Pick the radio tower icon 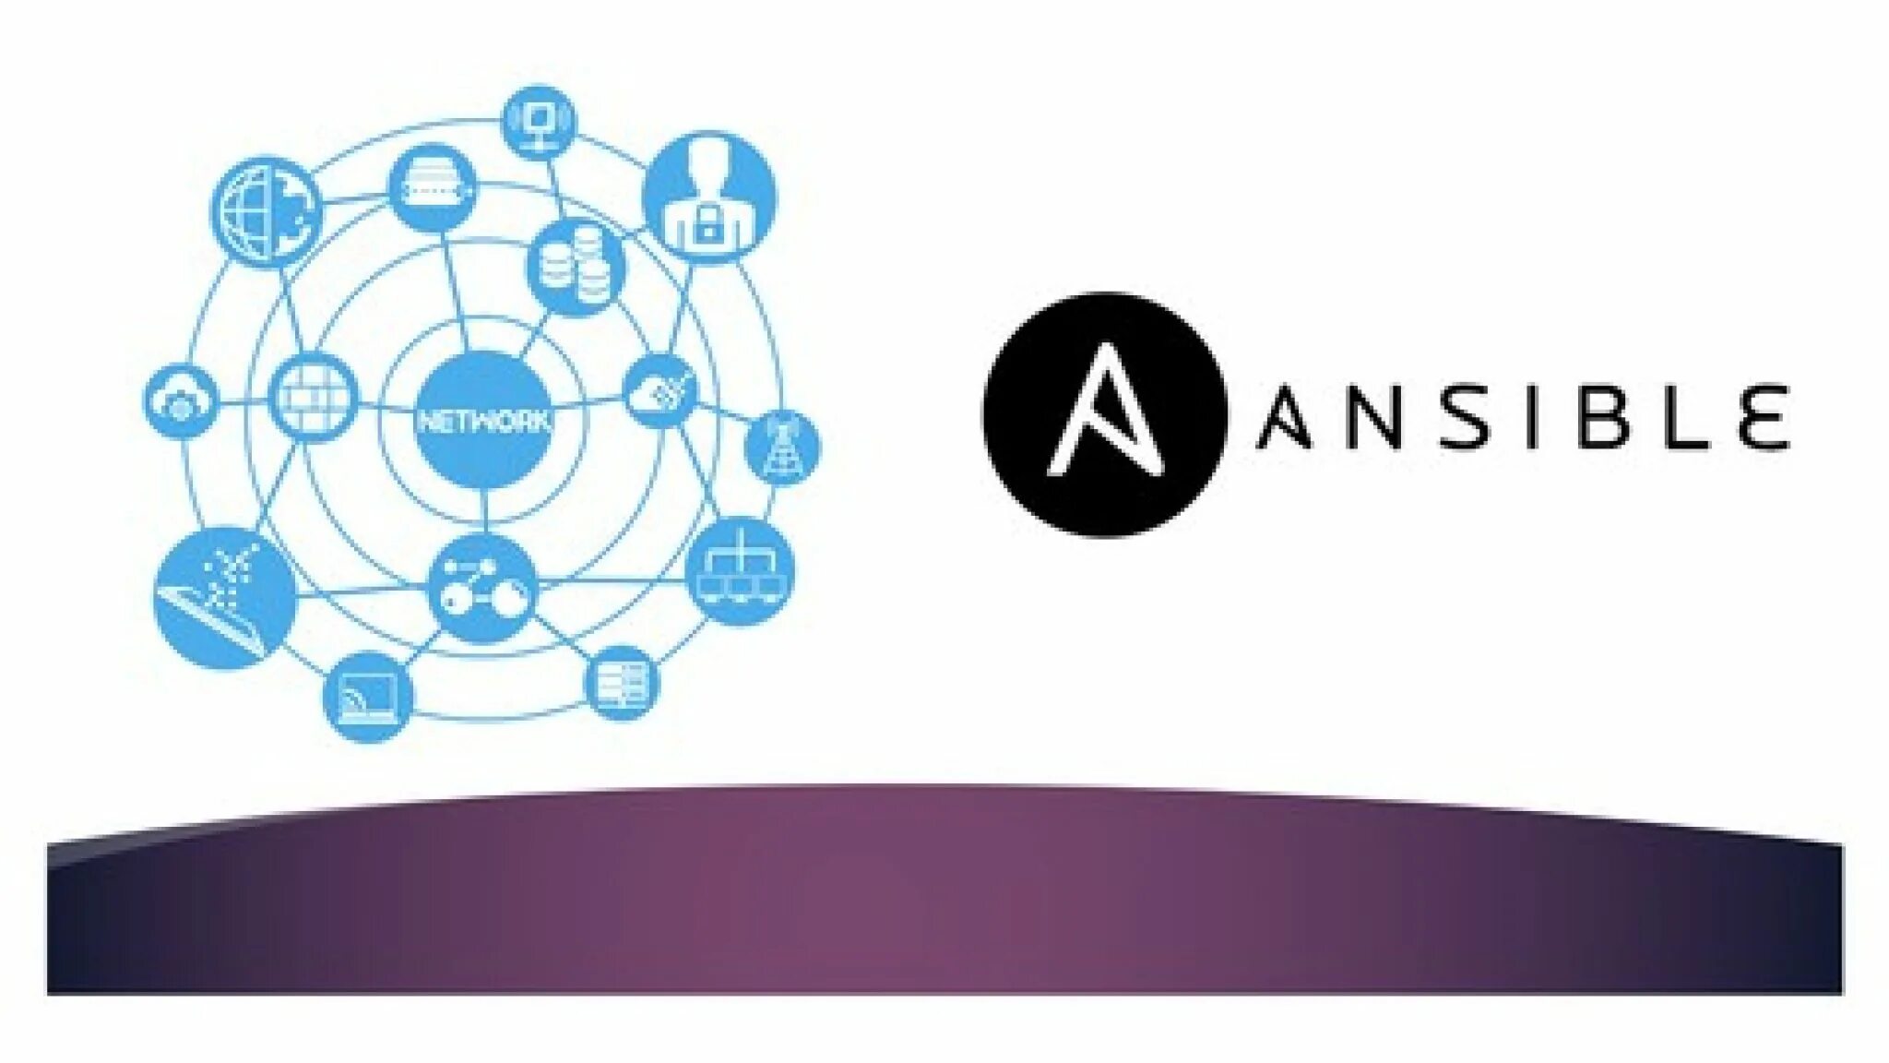tap(781, 448)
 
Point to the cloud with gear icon tap(181, 402)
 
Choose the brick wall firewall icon tap(315, 400)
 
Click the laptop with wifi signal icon tap(368, 697)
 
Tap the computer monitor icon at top tap(539, 122)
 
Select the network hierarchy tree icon tap(741, 570)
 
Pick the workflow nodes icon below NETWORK tap(482, 588)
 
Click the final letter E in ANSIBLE tap(1763, 416)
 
